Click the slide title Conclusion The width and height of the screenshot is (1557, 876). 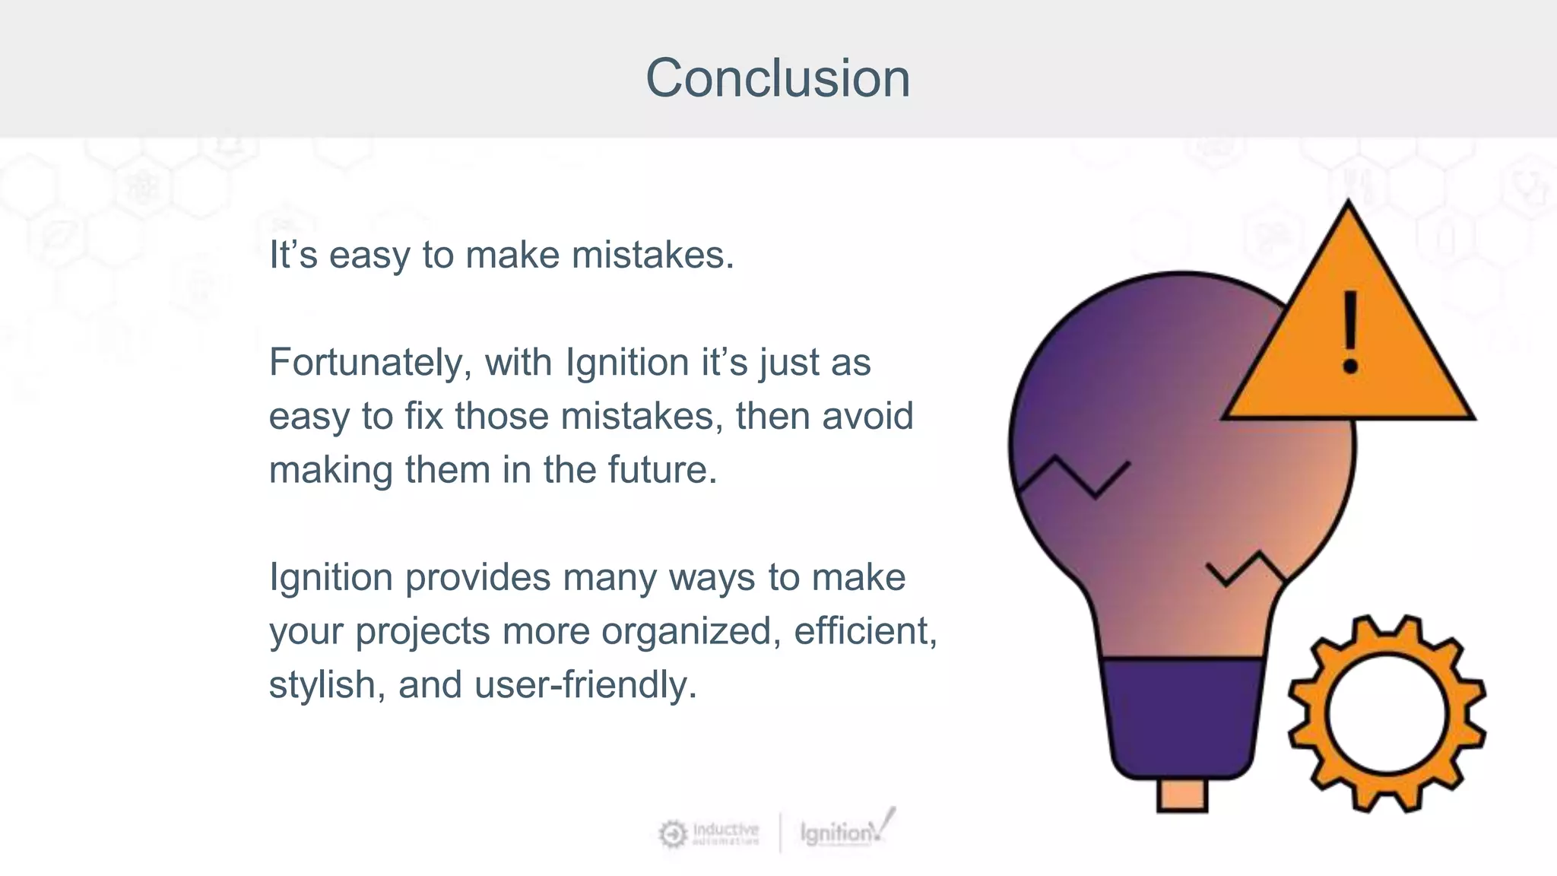pyautogui.click(x=778, y=78)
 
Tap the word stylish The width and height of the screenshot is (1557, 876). pyautogui.click(x=322, y=685)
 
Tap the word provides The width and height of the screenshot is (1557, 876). pyautogui.click(x=477, y=578)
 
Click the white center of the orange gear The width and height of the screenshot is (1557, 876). pyautogui.click(x=1386, y=713)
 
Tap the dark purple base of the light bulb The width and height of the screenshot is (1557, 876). pyautogui.click(x=1181, y=715)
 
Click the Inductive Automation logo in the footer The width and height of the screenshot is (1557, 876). pyautogui.click(x=709, y=833)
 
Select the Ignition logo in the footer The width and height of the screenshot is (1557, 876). pyautogui.click(x=844, y=831)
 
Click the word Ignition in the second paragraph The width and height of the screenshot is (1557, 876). pyautogui.click(x=626, y=363)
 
